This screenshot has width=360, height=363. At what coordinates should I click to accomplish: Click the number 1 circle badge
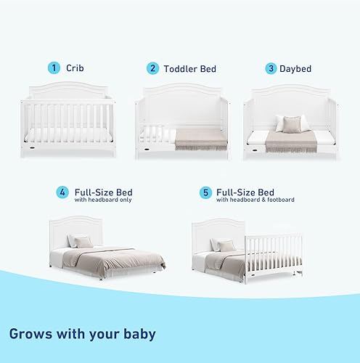pyautogui.click(x=54, y=68)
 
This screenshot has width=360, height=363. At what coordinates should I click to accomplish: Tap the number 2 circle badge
pyautogui.click(x=152, y=68)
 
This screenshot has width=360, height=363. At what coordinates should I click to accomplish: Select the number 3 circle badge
pyautogui.click(x=271, y=69)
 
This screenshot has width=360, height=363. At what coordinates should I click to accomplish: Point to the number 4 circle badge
pyautogui.click(x=63, y=193)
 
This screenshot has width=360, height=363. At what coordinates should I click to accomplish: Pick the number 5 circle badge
pyautogui.click(x=205, y=193)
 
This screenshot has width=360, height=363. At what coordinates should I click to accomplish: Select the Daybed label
pyautogui.click(x=295, y=69)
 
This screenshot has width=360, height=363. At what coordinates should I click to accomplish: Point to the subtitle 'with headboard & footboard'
pyautogui.click(x=255, y=200)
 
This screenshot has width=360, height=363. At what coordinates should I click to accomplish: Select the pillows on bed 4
pyautogui.click(x=80, y=242)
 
